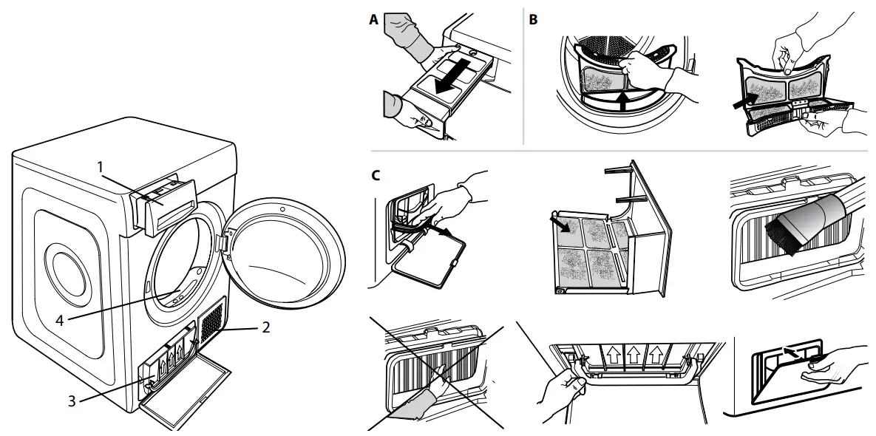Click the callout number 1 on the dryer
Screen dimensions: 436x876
click(x=99, y=168)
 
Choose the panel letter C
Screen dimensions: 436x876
click(x=376, y=176)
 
